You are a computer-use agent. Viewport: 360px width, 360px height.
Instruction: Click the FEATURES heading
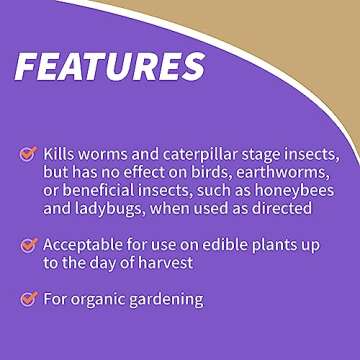tap(110, 66)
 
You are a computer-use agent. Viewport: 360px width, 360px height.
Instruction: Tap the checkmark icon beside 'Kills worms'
tap(28, 154)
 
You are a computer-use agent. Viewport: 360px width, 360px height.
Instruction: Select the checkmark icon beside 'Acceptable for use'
tap(28, 244)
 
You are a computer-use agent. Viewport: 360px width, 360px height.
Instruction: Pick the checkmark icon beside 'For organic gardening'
tap(28, 298)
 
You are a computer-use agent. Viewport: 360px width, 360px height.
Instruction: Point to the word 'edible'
tap(227, 244)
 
